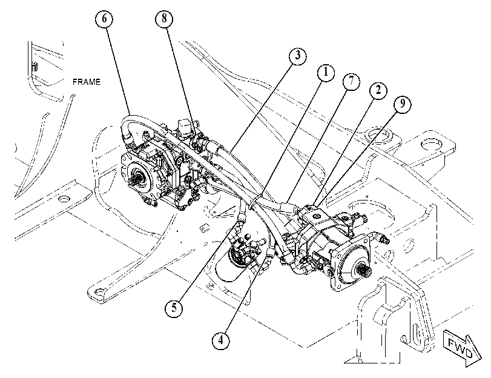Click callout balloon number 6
tap(104, 19)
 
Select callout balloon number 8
tap(165, 19)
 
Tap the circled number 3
tap(297, 56)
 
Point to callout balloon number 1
tap(326, 73)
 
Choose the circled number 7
tap(351, 82)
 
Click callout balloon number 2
tap(378, 91)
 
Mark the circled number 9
tap(403, 104)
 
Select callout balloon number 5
tap(174, 308)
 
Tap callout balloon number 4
tap(221, 340)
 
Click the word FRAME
tap(87, 82)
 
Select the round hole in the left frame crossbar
tap(64, 199)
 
